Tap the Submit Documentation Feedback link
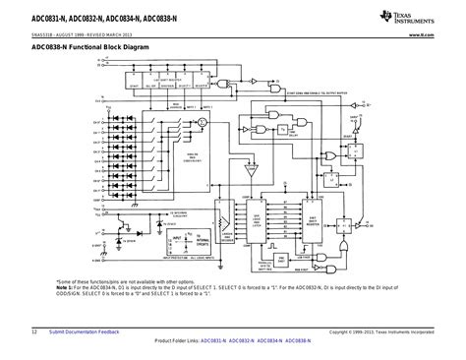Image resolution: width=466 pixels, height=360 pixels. pyautogui.click(x=85, y=331)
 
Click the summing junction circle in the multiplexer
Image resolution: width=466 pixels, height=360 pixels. pyautogui.click(x=201, y=119)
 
